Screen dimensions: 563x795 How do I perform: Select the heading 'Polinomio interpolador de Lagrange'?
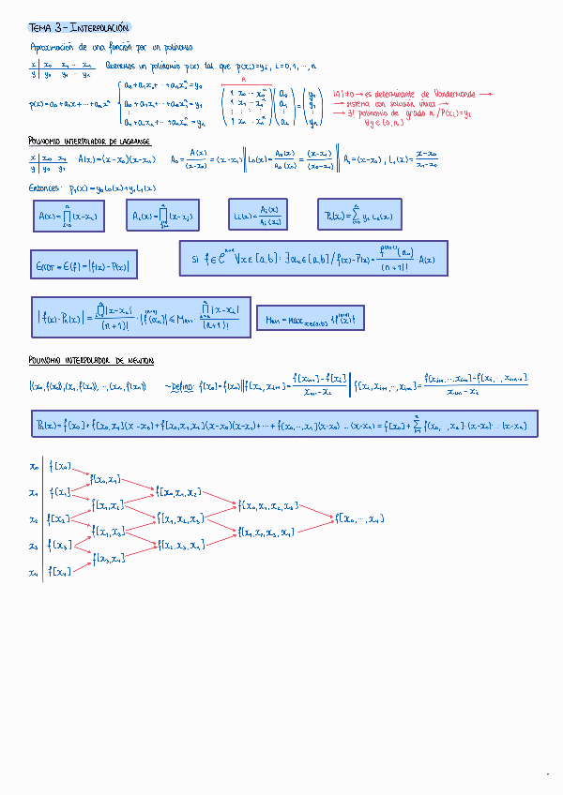click(89, 141)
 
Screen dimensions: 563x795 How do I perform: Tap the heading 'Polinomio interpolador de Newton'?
click(91, 361)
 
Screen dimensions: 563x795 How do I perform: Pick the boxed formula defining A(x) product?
click(67, 217)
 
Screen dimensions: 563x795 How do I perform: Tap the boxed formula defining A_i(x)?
click(163, 217)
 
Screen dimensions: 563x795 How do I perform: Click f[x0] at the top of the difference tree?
click(63, 465)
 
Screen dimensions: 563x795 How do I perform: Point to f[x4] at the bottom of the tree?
click(61, 572)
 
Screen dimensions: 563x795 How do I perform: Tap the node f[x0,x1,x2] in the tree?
click(179, 492)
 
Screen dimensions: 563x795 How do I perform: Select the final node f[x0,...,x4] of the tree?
click(361, 518)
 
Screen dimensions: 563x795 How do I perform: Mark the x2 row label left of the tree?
click(33, 518)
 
